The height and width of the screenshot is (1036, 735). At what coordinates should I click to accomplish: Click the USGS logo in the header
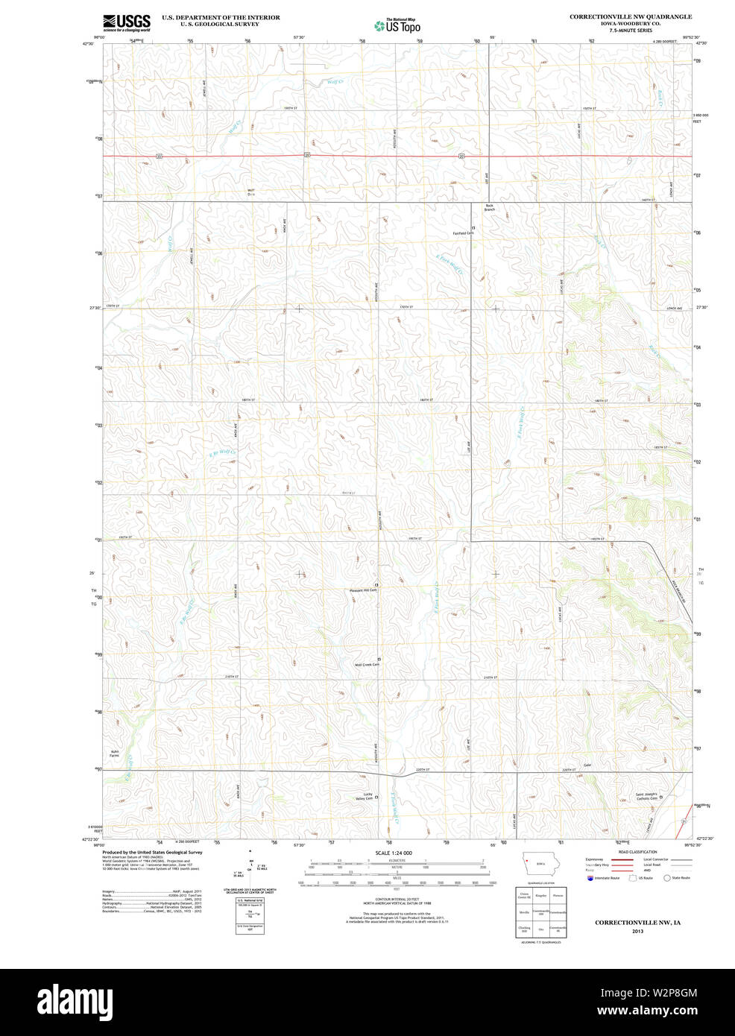point(127,22)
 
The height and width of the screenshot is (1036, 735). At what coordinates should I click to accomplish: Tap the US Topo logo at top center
point(397,26)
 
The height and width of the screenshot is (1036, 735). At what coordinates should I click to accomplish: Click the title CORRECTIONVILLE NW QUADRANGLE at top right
point(630,16)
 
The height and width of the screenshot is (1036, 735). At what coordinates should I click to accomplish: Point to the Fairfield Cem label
point(463,233)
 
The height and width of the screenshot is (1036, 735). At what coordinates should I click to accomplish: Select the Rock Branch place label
point(489,207)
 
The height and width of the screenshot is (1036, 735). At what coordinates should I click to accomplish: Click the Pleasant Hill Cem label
point(364,590)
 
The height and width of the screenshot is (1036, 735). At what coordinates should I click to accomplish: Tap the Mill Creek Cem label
point(367,665)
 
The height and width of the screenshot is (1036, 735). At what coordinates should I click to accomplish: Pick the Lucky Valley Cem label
point(365,796)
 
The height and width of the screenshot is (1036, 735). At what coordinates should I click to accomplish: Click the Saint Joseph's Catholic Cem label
point(646,796)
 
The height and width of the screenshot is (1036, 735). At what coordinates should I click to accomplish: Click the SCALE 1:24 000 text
point(393,853)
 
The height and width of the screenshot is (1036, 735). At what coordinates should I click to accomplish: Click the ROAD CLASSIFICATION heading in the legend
point(637,851)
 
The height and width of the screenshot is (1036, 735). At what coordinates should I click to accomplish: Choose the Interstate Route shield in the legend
point(590,878)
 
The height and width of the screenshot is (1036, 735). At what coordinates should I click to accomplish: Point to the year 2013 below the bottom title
point(637,931)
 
